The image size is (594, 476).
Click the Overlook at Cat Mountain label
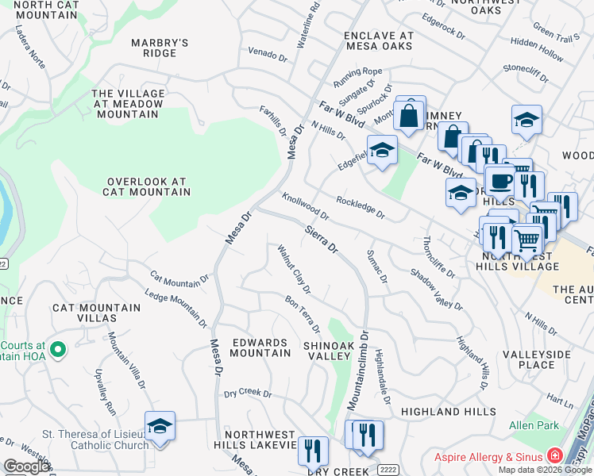tap(148, 186)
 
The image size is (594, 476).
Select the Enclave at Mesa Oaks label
tap(378, 41)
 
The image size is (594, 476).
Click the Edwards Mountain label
tap(259, 347)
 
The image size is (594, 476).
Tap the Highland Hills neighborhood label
tap(442, 412)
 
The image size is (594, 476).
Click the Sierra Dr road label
tap(322, 237)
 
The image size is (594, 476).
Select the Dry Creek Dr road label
tap(248, 393)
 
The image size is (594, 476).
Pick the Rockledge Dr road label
tap(360, 208)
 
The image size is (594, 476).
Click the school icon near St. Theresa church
tap(160, 426)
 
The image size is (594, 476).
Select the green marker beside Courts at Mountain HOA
tap(57, 349)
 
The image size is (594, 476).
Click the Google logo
tap(26, 466)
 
